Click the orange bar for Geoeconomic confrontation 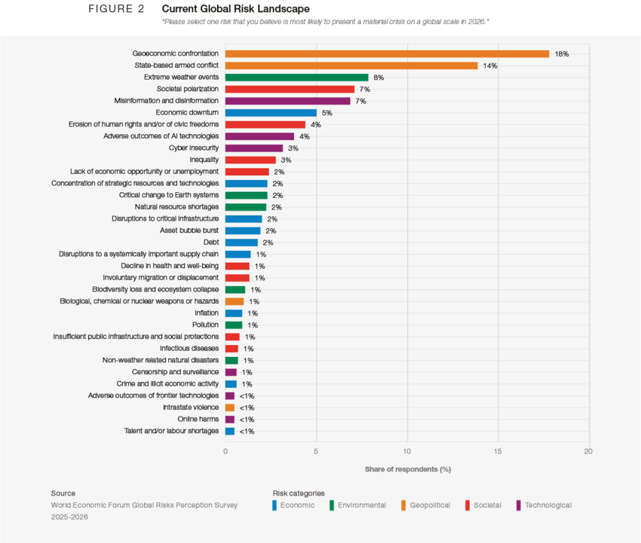coord(387,53)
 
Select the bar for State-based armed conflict coord(351,66)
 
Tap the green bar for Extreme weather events coord(296,77)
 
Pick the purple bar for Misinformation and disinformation coord(288,101)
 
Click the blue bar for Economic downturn coord(271,112)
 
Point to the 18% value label coord(561,54)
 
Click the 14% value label coord(490,66)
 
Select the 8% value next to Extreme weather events coord(379,78)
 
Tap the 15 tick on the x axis coord(498,451)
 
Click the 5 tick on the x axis coord(316,451)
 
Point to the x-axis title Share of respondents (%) coord(407,469)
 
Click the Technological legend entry coord(547,505)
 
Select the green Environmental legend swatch coord(333,505)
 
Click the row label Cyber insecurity coord(194,148)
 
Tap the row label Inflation coord(207,313)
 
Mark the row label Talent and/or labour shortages coord(171,431)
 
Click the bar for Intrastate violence coord(229,407)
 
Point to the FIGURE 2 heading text coord(116,8)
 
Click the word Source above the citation coord(63,493)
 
